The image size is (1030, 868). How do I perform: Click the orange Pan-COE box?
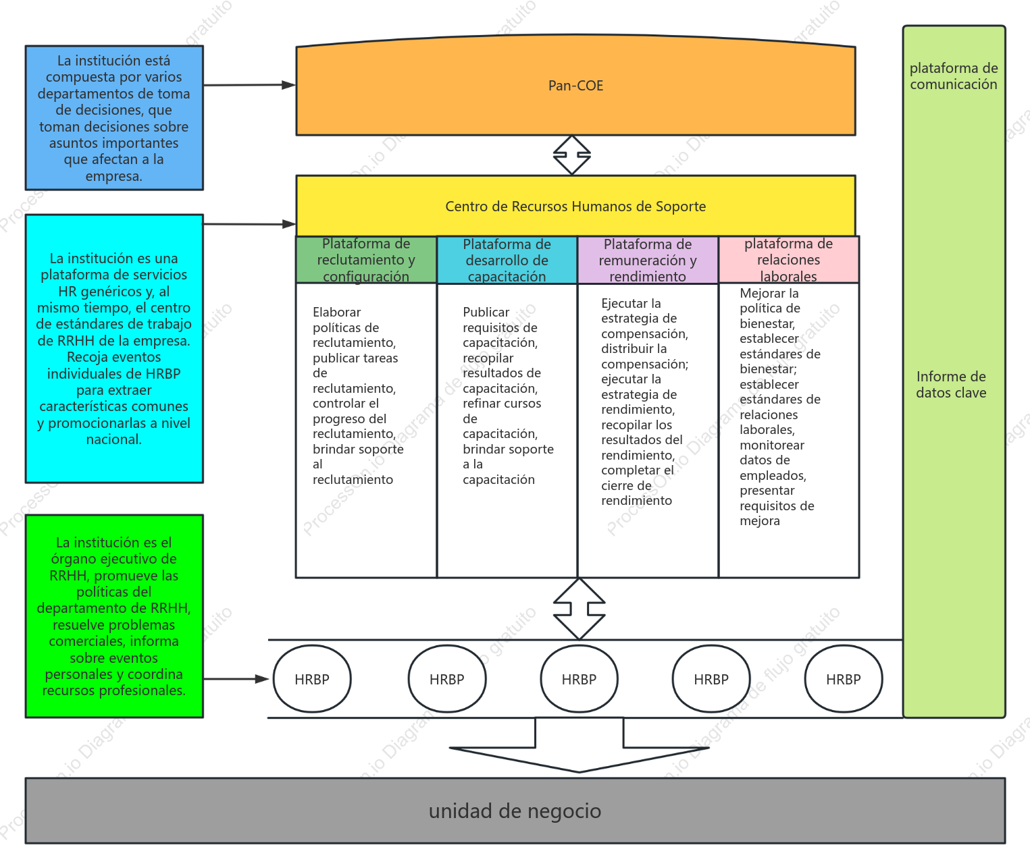[x=575, y=85]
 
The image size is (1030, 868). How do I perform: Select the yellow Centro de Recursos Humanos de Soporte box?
[x=575, y=206]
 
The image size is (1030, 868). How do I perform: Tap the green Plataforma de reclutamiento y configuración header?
[x=366, y=260]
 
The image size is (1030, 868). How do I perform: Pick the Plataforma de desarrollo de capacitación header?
[x=507, y=260]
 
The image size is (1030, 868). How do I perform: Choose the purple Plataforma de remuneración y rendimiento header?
[x=648, y=260]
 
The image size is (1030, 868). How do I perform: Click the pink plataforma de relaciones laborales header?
[x=789, y=259]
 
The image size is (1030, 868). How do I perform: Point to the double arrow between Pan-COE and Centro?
[x=571, y=155]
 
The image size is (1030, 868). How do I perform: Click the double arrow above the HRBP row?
[x=579, y=608]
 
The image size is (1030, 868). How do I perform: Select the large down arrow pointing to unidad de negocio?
[x=579, y=746]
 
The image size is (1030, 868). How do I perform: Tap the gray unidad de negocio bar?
[x=515, y=811]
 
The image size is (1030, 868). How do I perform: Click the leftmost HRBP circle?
[x=312, y=679]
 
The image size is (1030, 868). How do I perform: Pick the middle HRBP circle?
[x=579, y=679]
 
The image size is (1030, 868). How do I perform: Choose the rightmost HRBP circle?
[x=844, y=679]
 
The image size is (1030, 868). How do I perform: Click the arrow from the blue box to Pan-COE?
[x=250, y=85]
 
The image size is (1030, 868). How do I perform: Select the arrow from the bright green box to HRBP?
[x=236, y=679]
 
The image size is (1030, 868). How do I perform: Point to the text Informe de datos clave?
[x=951, y=385]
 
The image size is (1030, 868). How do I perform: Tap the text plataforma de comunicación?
[x=954, y=76]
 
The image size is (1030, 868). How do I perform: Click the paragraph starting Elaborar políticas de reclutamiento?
[x=358, y=396]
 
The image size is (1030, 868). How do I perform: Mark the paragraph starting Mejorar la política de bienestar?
[x=780, y=406]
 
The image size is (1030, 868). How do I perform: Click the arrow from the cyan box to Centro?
[x=250, y=224]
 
